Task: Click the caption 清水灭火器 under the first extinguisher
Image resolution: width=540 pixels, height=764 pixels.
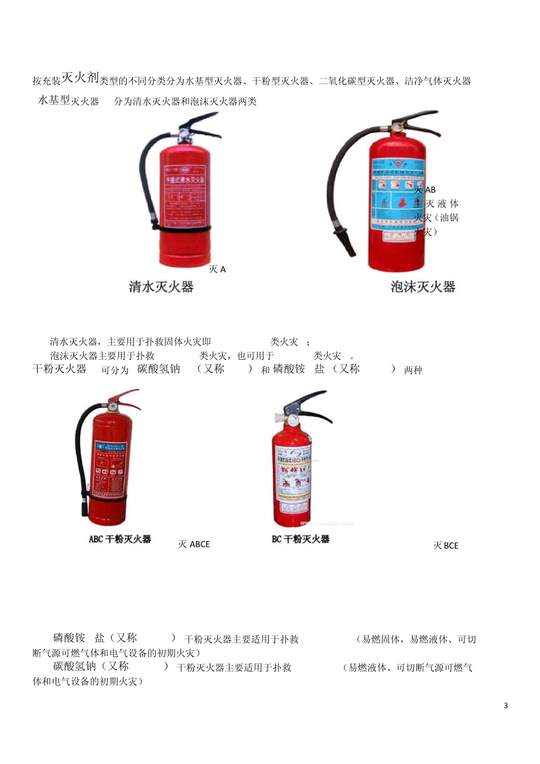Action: point(161,287)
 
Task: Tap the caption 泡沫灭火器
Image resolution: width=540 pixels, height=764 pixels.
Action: point(423,287)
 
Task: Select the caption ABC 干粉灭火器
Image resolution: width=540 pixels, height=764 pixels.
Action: point(120,539)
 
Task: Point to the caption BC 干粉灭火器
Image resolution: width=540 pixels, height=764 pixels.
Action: point(301,539)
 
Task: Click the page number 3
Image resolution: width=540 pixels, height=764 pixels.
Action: point(506,705)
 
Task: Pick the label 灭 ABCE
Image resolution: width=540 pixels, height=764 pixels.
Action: point(194,545)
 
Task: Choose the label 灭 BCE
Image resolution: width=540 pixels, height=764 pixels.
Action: point(446,546)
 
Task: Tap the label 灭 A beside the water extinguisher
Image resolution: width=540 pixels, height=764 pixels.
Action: point(217,269)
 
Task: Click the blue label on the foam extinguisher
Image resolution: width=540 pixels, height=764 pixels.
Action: point(397,193)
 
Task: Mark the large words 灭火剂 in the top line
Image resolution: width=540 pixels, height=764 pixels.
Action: point(80,77)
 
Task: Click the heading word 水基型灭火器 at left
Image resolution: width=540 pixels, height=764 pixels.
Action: point(68,101)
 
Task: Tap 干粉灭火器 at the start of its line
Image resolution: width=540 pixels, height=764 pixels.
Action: point(60,369)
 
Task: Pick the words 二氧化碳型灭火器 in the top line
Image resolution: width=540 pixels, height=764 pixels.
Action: point(356,81)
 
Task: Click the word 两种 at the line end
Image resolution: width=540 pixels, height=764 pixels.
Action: point(413,371)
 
